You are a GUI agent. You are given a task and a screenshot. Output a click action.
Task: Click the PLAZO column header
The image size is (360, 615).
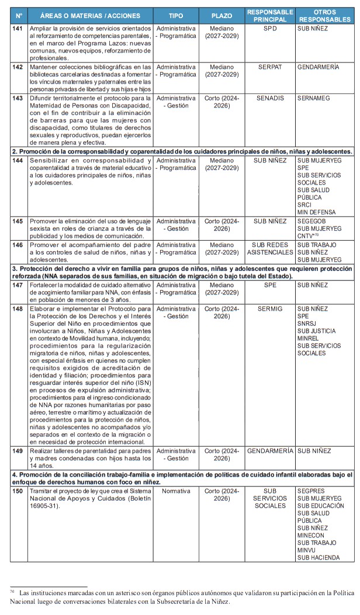pyautogui.click(x=221, y=16)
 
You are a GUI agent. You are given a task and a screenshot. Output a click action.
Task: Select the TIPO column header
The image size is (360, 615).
pyautogui.click(x=175, y=16)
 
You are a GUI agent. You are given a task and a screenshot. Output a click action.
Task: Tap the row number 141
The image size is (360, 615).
pyautogui.click(x=19, y=28)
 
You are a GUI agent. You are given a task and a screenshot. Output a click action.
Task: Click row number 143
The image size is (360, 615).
pyautogui.click(x=19, y=99)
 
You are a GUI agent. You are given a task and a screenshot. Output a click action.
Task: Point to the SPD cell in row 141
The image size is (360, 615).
pyautogui.click(x=270, y=28)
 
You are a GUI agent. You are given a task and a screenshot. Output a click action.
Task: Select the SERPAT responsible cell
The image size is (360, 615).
pyautogui.click(x=270, y=67)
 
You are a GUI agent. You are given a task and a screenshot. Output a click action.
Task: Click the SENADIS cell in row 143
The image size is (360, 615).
pyautogui.click(x=270, y=99)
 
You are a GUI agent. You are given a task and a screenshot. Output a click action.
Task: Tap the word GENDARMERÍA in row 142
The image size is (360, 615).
pyautogui.click(x=318, y=67)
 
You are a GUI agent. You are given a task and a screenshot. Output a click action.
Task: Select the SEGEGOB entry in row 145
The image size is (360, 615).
pyautogui.click(x=313, y=221)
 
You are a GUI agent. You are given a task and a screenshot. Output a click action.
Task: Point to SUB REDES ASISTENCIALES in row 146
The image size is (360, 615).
pyautogui.click(x=270, y=249)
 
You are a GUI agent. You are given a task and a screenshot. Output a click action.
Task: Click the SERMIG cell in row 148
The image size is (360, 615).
pyautogui.click(x=270, y=308)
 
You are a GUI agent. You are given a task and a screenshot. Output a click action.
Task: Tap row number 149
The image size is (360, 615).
pyautogui.click(x=19, y=451)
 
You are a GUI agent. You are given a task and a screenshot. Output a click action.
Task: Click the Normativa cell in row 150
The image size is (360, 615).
pyautogui.click(x=176, y=492)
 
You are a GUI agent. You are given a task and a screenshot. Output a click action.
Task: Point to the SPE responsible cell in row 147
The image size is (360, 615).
pyautogui.click(x=270, y=284)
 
